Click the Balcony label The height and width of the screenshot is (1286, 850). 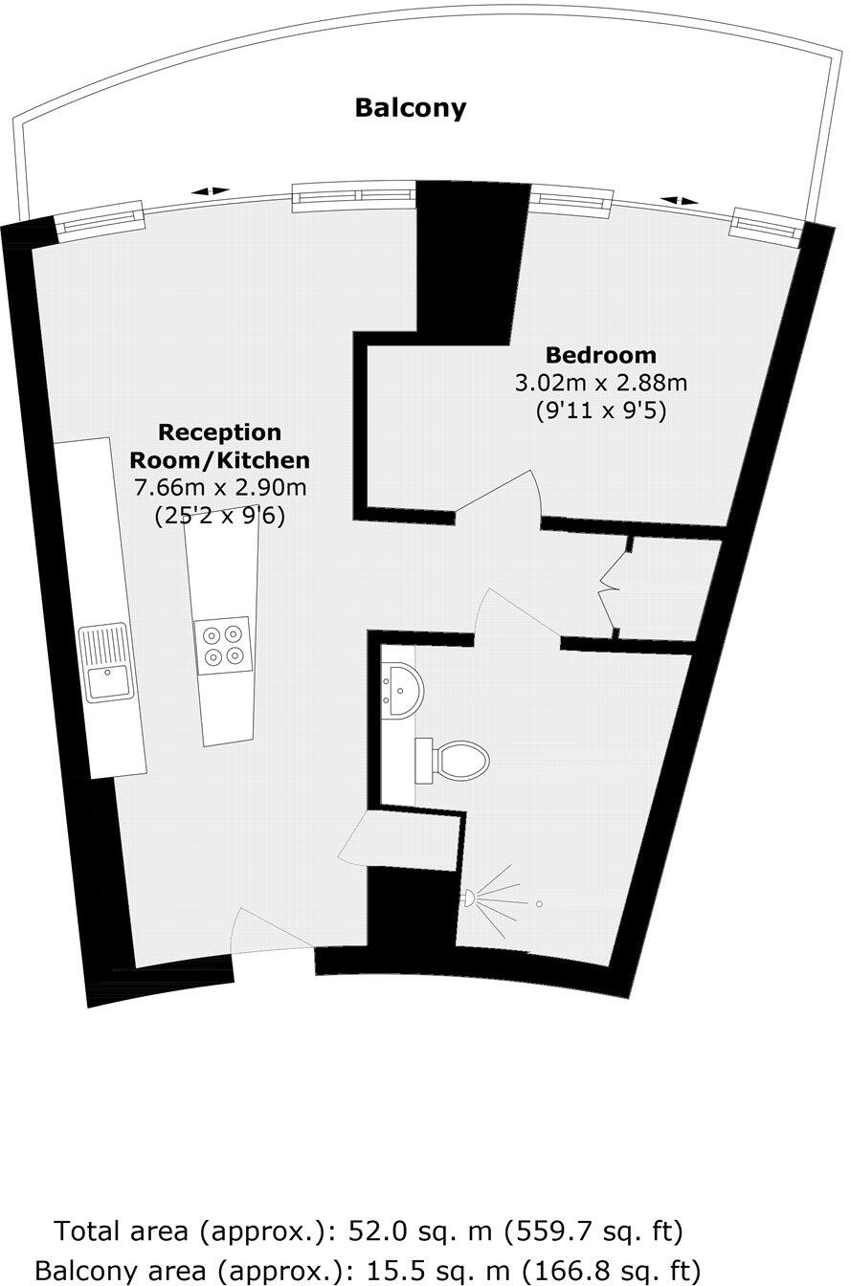(410, 107)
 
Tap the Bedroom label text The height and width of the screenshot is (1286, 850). (601, 355)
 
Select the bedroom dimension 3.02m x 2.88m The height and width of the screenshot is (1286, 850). (601, 384)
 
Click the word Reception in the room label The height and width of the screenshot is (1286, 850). (219, 432)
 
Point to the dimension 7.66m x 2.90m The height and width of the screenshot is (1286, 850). (220, 488)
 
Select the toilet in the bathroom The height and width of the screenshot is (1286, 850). (454, 761)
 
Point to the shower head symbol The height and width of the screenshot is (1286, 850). (471, 898)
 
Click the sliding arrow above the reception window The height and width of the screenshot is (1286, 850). (210, 191)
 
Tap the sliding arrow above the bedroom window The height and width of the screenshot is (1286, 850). (679, 201)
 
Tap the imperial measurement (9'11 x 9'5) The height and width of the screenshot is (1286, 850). (601, 411)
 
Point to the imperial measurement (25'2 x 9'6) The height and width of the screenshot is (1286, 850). (220, 516)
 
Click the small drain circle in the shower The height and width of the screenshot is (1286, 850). (539, 903)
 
